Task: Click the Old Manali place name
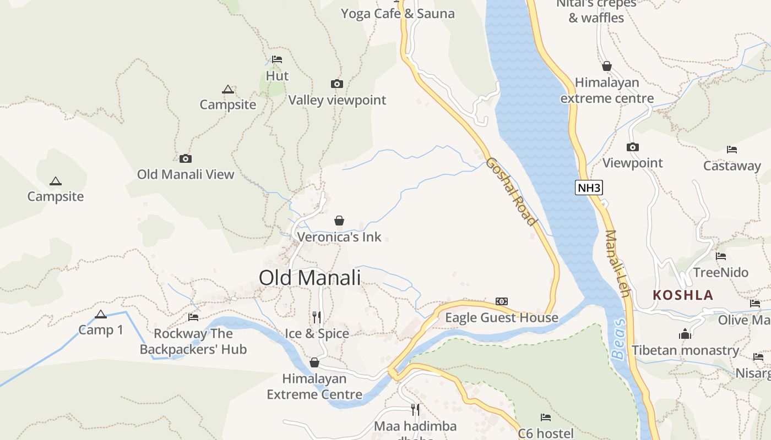[310, 278]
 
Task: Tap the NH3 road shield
[589, 188]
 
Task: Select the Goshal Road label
[511, 191]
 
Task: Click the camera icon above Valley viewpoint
[337, 84]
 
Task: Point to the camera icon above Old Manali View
[186, 158]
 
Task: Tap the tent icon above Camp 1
[100, 315]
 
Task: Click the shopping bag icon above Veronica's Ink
[339, 221]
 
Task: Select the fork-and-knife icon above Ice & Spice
[317, 317]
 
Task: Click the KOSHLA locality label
[683, 295]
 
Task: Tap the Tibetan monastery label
[685, 350]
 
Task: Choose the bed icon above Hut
[277, 59]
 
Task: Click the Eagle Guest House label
[501, 317]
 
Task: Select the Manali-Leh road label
[617, 263]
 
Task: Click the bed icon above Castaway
[732, 150]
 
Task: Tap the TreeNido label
[720, 272]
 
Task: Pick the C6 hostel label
[545, 433]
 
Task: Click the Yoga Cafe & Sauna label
[398, 14]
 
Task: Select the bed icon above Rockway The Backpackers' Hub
[193, 317]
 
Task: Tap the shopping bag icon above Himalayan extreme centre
[607, 67]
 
